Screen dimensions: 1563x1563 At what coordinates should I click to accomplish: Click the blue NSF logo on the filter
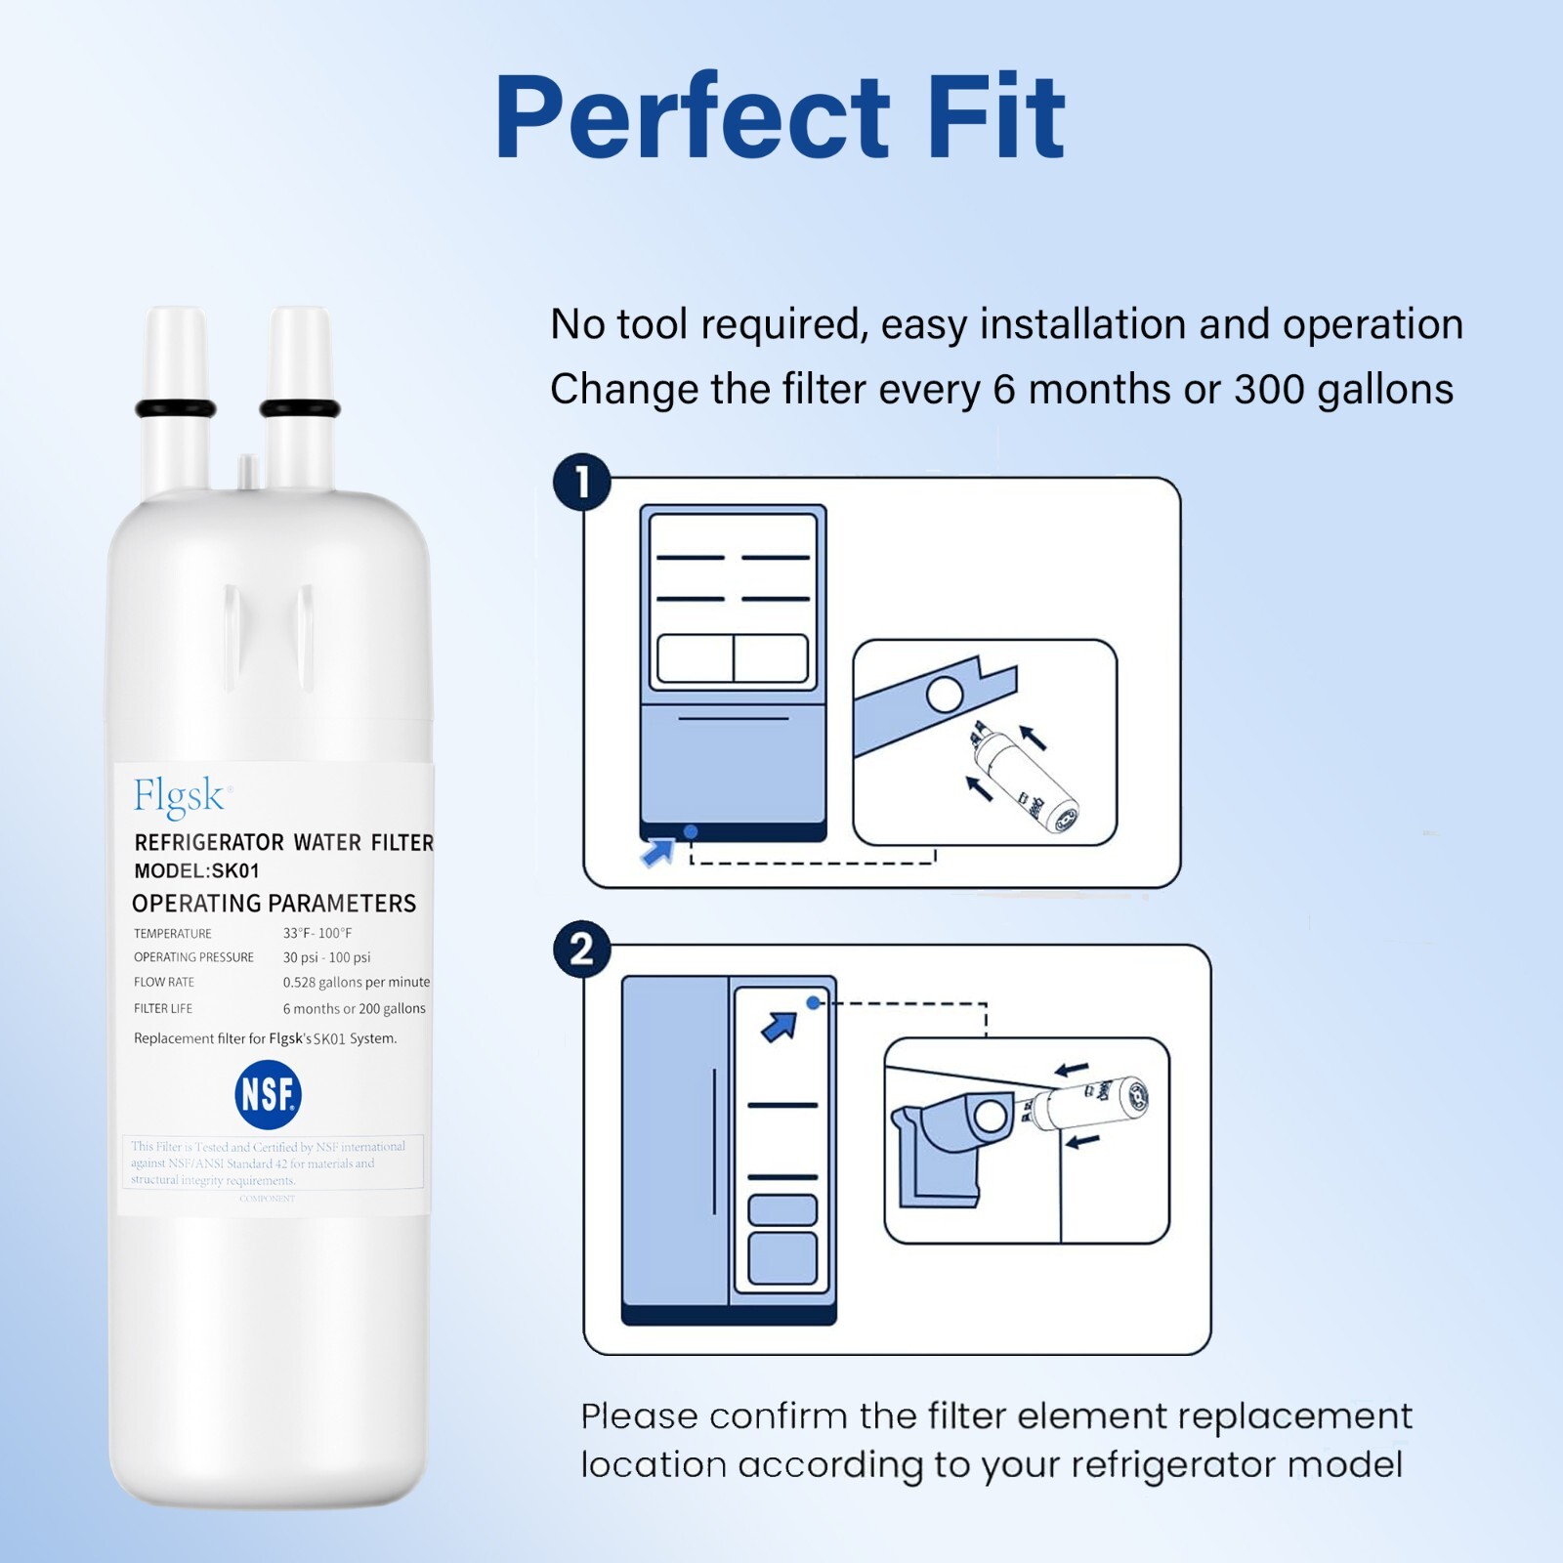(x=268, y=1094)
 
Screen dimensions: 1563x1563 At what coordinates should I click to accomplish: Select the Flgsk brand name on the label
(x=180, y=796)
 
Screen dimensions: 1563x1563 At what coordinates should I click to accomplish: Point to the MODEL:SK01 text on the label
(x=196, y=870)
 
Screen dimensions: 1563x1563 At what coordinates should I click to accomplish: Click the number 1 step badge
(x=582, y=483)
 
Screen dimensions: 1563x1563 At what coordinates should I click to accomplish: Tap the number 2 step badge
(x=582, y=949)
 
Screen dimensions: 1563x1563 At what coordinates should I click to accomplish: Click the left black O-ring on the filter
(x=176, y=408)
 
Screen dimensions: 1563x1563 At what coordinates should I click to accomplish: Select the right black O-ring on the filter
(x=300, y=408)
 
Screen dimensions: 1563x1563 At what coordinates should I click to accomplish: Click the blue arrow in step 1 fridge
(x=657, y=852)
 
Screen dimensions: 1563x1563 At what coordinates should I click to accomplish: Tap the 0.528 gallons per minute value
(x=356, y=982)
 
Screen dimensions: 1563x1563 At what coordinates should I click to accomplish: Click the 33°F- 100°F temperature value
(x=317, y=933)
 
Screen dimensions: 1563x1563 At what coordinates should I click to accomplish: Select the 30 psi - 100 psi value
(x=326, y=957)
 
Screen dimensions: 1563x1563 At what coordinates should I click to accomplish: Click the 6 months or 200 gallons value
(x=354, y=1008)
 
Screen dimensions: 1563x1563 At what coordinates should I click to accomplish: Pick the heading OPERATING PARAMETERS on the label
(x=274, y=904)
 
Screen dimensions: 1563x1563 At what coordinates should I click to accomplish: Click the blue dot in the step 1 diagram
(x=691, y=831)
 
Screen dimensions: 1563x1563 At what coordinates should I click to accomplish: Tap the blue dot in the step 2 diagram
(x=813, y=1002)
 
